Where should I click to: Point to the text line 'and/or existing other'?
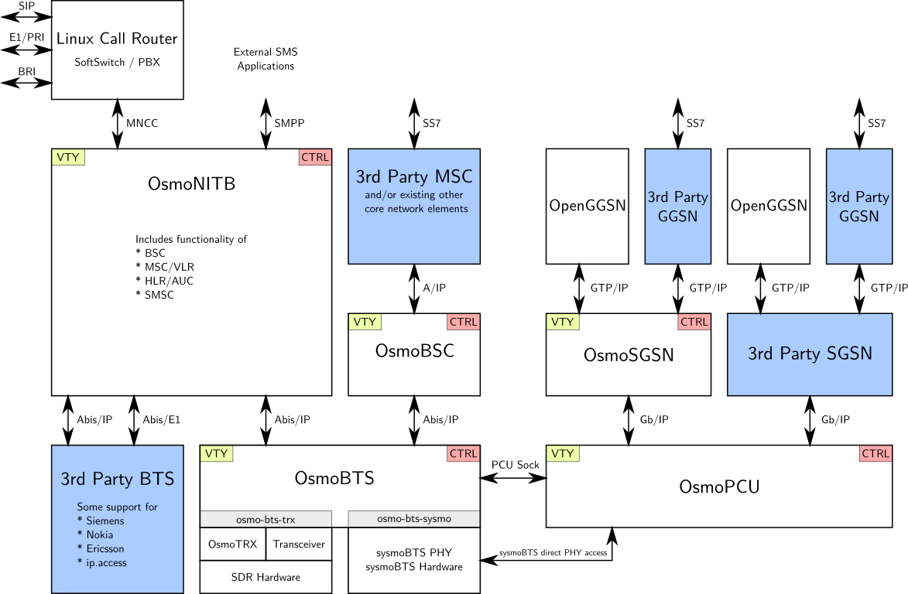coord(413,195)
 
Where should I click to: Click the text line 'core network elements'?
coord(416,209)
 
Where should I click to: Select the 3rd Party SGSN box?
coord(810,354)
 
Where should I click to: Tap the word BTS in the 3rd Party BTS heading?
coord(157,479)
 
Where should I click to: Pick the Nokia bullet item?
coord(98,534)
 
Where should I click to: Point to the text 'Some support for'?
coord(117,507)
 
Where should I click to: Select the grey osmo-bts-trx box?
coord(266,519)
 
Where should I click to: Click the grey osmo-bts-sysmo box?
coord(413,519)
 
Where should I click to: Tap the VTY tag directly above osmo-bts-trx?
coord(217,453)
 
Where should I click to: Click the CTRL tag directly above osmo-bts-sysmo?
coord(463,453)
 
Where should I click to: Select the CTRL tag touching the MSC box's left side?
coord(315,157)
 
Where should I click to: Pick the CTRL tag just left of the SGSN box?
coord(694,322)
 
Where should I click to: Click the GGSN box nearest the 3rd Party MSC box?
coord(677,207)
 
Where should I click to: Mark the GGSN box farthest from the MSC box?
coord(859,207)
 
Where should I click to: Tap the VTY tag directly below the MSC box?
coord(365,322)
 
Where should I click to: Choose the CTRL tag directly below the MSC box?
coord(463,322)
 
